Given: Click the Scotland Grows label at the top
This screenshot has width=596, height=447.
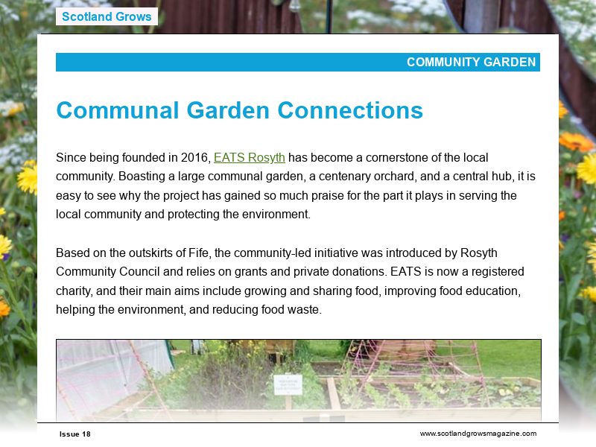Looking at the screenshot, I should [107, 16].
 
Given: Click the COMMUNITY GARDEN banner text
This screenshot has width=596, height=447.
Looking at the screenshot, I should [471, 63].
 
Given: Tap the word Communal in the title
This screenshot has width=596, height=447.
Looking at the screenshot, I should [118, 110].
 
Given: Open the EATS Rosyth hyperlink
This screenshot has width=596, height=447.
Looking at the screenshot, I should [250, 158].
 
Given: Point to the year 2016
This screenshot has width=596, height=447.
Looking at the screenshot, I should [197, 158].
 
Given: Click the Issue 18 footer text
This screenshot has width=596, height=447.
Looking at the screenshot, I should [75, 434].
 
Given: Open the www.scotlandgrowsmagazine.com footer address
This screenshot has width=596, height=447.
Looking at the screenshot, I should [478, 434].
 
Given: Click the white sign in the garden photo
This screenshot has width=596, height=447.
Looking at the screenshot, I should [288, 384].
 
